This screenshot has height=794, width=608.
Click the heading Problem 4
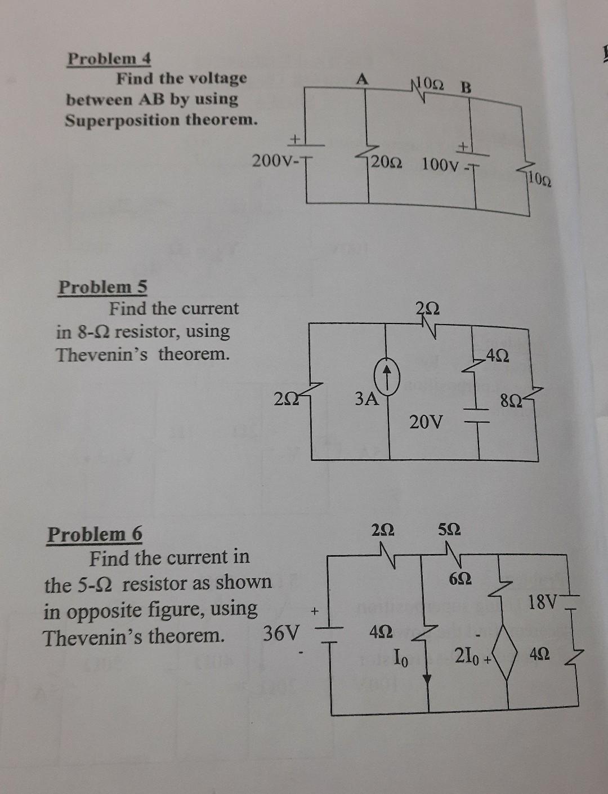point(109,59)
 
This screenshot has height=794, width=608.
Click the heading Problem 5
point(102,287)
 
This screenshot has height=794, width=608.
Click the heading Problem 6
point(95,534)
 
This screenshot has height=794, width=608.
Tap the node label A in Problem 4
point(362,80)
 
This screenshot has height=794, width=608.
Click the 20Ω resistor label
point(386,163)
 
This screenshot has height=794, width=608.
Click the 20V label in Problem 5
point(426,421)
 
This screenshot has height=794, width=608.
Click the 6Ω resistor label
point(460,579)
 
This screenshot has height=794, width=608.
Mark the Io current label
point(401,657)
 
